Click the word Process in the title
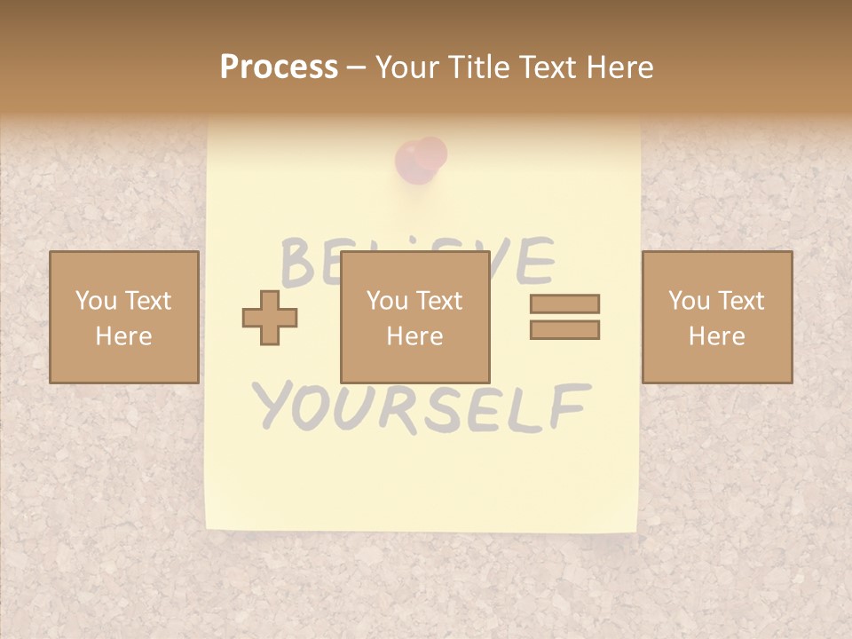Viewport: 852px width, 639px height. [279, 67]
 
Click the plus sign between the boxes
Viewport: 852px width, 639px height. [270, 318]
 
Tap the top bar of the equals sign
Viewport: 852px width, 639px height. [564, 304]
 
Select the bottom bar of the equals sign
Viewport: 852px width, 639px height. [564, 330]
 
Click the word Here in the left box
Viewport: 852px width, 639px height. [123, 336]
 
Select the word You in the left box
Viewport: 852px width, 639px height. [96, 300]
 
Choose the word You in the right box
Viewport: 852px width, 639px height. [689, 300]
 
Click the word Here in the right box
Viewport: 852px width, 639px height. [716, 336]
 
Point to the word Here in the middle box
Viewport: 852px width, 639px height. [414, 336]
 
